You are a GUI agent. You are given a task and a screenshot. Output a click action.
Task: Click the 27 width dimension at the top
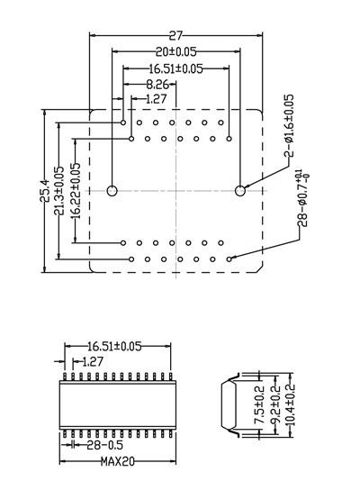click(x=175, y=36)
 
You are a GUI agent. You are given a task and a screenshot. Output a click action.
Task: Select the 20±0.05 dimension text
click(x=175, y=52)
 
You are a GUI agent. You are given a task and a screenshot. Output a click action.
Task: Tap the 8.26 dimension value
click(x=157, y=84)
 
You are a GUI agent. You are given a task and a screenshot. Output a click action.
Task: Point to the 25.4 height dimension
click(x=45, y=191)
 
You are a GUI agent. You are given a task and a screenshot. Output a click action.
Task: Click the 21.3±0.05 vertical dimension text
click(x=58, y=191)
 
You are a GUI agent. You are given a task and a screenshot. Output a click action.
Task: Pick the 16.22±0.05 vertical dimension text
click(x=76, y=191)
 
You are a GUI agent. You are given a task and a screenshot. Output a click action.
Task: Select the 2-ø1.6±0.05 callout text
click(x=289, y=126)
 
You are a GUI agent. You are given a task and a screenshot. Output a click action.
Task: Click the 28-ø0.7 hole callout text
click(x=302, y=198)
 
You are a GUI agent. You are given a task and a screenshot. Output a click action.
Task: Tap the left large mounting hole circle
click(x=112, y=191)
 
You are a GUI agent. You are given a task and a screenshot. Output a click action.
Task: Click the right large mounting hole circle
click(x=240, y=191)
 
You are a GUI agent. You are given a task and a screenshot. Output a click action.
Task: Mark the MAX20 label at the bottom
click(x=118, y=461)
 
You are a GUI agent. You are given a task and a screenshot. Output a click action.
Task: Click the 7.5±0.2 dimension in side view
click(x=258, y=405)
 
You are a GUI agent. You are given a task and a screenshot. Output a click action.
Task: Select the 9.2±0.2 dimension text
click(x=275, y=404)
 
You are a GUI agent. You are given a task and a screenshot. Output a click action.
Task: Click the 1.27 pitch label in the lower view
click(x=93, y=362)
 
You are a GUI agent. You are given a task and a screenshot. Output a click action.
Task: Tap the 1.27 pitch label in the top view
click(x=157, y=99)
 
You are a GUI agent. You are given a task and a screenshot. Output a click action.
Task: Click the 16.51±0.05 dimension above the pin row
click(x=114, y=346)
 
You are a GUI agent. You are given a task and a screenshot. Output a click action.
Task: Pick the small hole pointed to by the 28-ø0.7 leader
click(x=229, y=259)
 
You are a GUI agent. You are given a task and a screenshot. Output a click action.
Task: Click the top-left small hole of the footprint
click(x=123, y=123)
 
